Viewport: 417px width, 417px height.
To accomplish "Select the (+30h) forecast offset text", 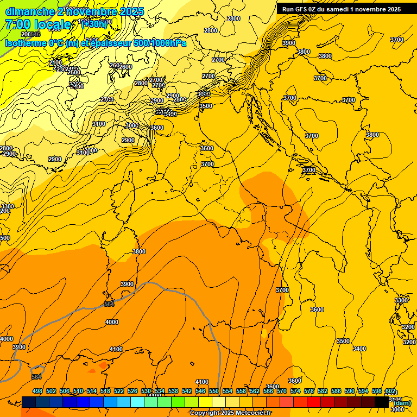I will pyautogui.click(x=93, y=24).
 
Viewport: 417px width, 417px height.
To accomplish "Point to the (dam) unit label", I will pyautogui.click(x=402, y=403).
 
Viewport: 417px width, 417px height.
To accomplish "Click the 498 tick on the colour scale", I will pyautogui.click(x=37, y=391).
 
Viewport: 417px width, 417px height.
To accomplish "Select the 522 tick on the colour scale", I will pyautogui.click(x=119, y=391).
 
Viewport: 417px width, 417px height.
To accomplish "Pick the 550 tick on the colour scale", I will pyautogui.click(x=214, y=391).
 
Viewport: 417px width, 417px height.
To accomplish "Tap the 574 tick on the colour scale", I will pyautogui.click(x=295, y=391).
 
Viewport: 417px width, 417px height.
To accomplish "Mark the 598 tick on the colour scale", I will pyautogui.click(x=377, y=391).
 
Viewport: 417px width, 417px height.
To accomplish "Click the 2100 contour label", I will pyautogui.click(x=55, y=62).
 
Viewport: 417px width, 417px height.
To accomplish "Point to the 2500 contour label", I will pyautogui.click(x=74, y=72).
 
